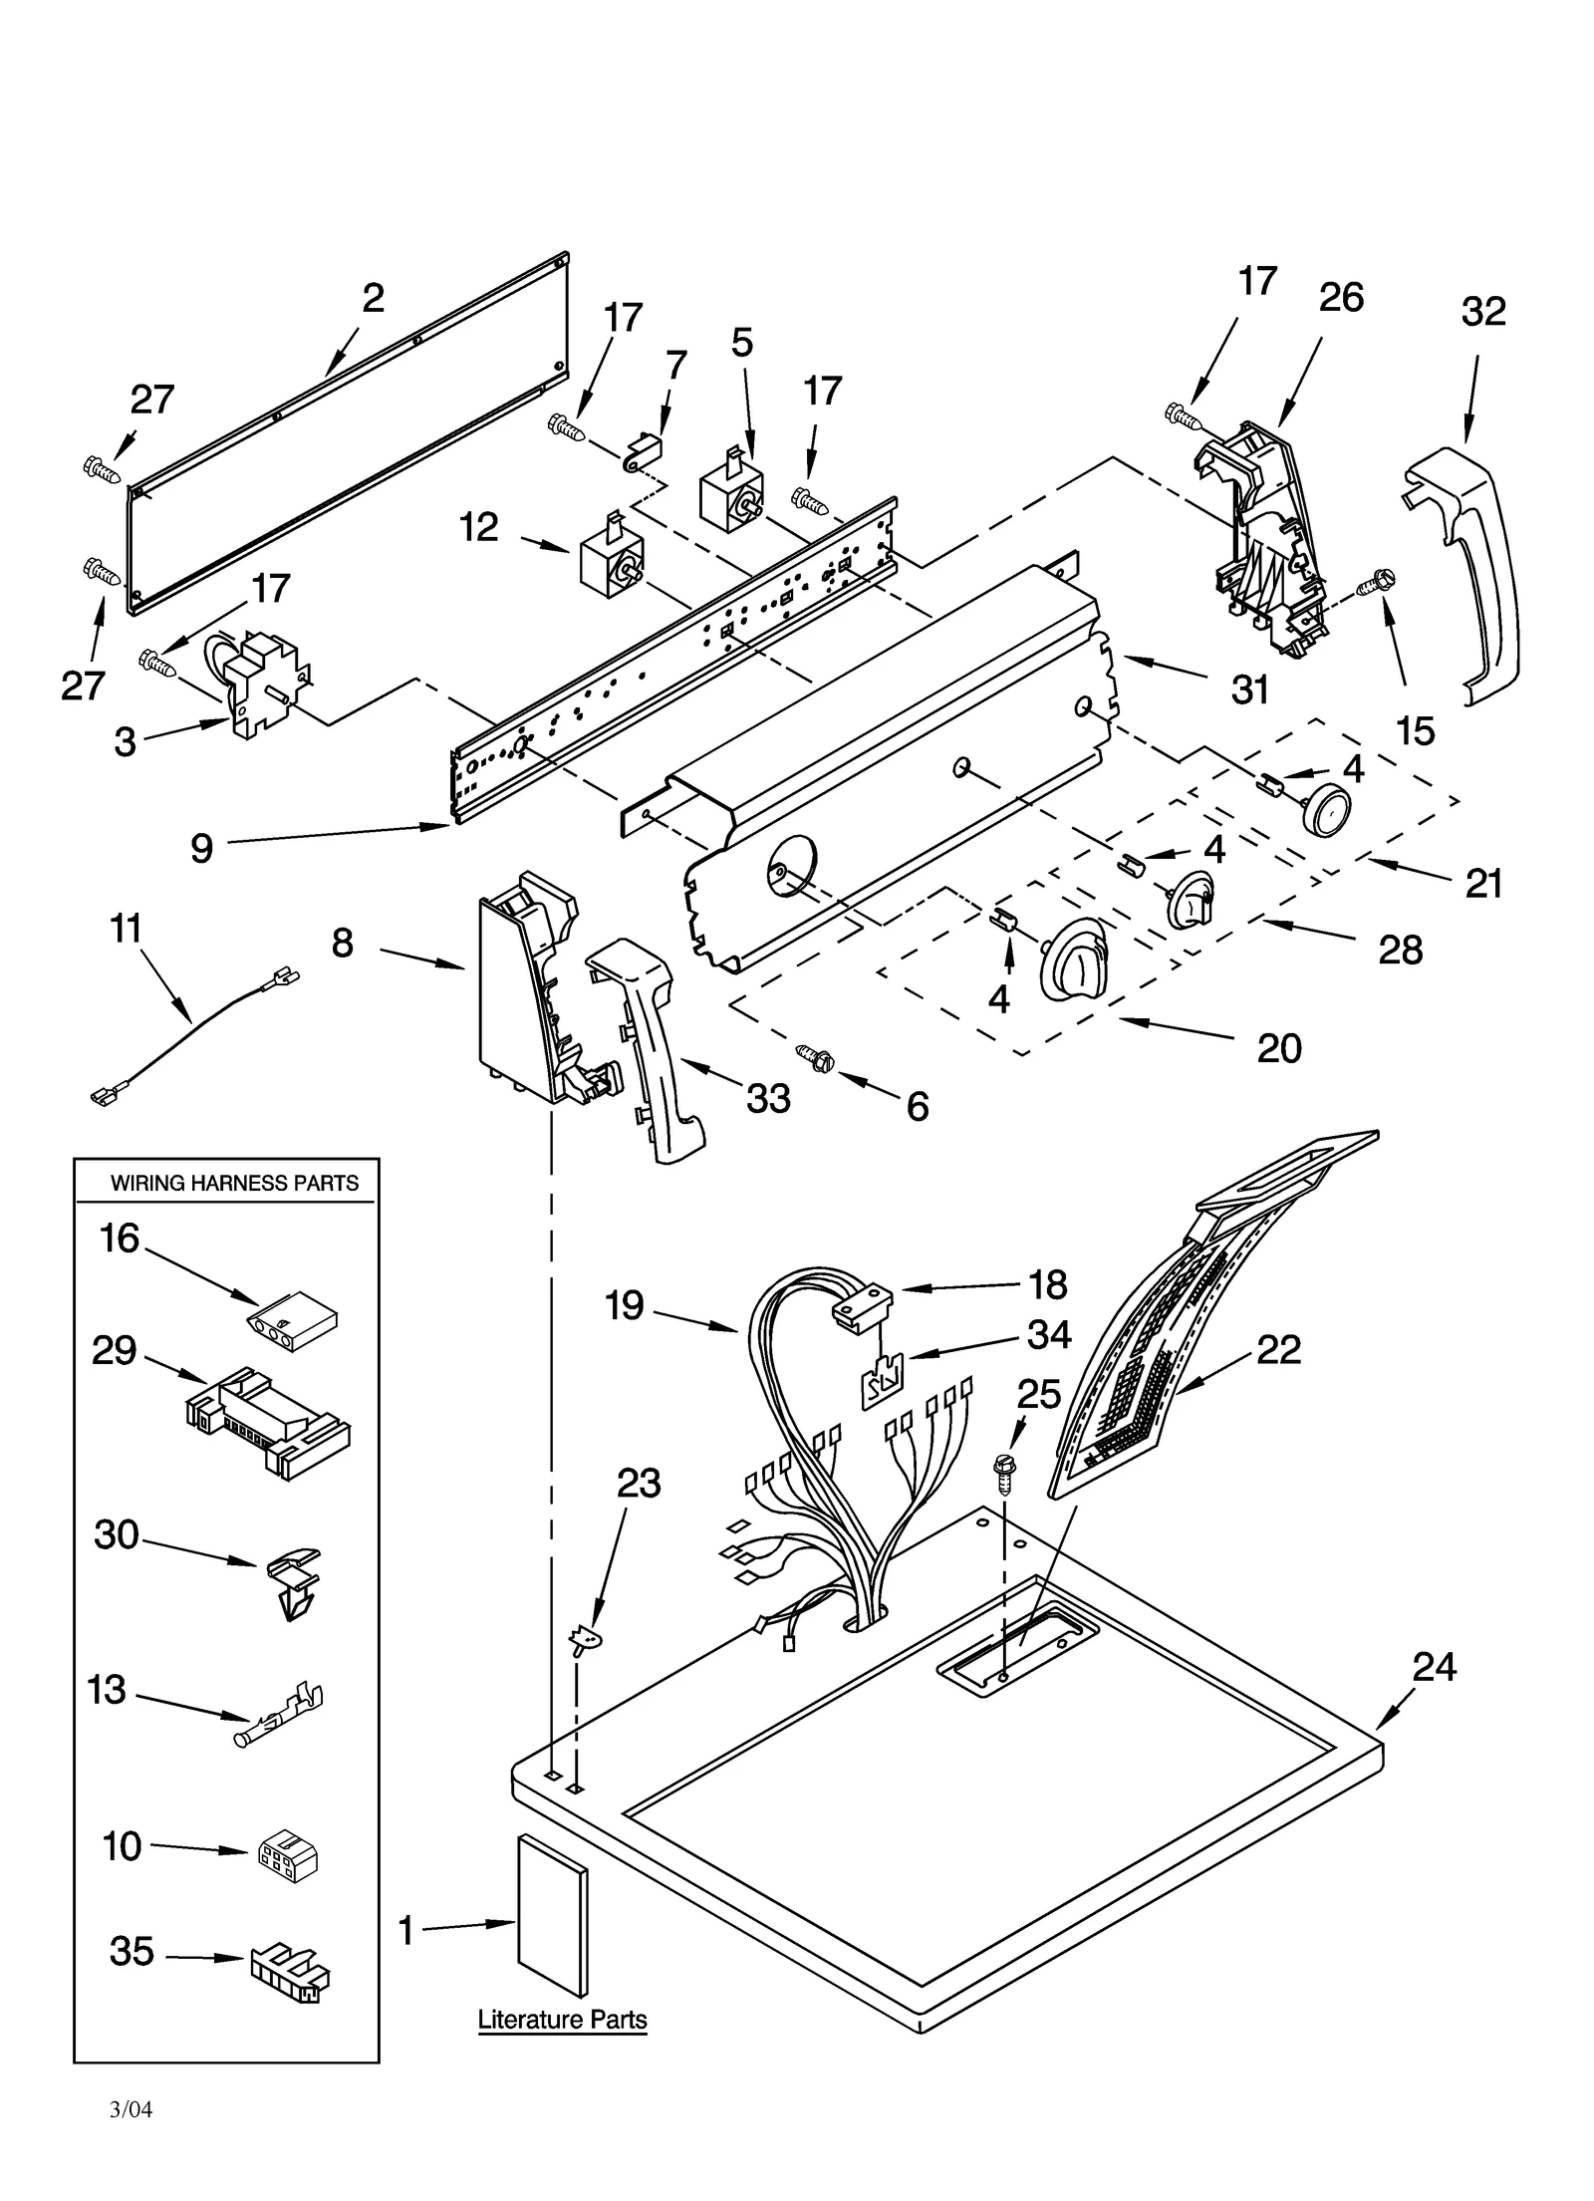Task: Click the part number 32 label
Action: [1482, 312]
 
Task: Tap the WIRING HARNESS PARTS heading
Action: [234, 1184]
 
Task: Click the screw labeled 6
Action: [814, 1057]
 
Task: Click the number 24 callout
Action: [1434, 1667]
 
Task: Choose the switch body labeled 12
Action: [608, 558]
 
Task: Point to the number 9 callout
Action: [201, 848]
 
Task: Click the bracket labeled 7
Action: [642, 451]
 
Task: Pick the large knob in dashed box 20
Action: [1072, 958]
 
